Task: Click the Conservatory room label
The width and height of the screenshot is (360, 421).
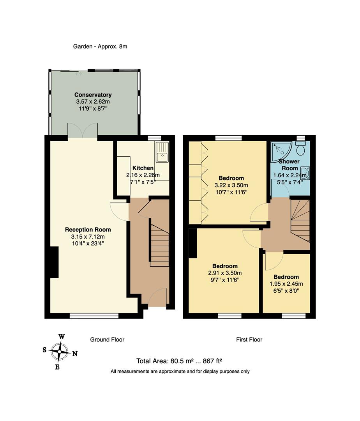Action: [93, 95]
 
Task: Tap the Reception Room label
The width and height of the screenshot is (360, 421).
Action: [88, 230]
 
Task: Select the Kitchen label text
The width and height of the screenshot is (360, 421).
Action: [142, 168]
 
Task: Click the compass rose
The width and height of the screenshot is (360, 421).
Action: [59, 351]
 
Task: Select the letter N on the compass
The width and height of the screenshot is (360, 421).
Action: [75, 354]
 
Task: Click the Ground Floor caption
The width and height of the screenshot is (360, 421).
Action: [107, 340]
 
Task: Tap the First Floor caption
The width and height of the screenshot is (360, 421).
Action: [249, 340]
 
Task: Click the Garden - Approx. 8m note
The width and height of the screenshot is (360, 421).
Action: [100, 46]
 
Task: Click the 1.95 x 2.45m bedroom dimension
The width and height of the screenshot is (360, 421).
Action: [286, 284]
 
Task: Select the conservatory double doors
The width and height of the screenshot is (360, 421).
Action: [82, 131]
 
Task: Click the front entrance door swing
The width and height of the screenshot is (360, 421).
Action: [157, 297]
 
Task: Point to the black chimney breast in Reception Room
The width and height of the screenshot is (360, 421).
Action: [54, 262]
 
